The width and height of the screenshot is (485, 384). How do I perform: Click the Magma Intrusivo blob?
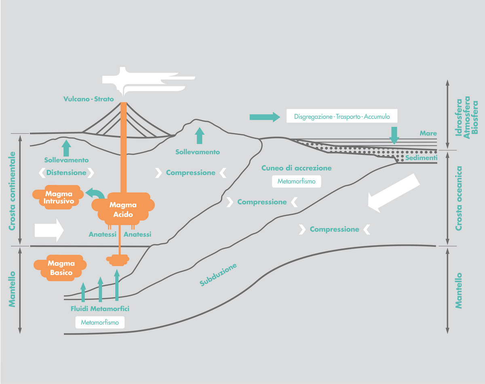coord(59,198)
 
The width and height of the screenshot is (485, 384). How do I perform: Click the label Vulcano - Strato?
coord(89,99)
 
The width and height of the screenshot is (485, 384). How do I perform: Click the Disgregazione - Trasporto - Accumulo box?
coord(342,116)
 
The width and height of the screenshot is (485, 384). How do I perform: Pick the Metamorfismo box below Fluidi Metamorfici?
coord(100,323)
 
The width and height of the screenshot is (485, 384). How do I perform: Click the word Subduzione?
coord(218,275)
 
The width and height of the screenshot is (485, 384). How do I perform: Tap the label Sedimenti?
coord(421,157)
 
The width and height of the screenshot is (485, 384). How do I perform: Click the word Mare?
coord(428,133)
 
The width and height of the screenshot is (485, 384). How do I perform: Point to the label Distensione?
coord(66,173)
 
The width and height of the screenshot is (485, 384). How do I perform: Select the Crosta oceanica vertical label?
coord(458,198)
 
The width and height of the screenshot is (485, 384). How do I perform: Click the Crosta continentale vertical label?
coord(12,191)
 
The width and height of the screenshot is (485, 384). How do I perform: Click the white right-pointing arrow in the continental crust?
coord(49,230)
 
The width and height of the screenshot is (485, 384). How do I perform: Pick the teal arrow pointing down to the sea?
coord(394,135)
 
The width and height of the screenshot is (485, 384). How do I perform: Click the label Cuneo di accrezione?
coord(296,168)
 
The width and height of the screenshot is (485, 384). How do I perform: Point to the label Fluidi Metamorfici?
coord(100,309)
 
